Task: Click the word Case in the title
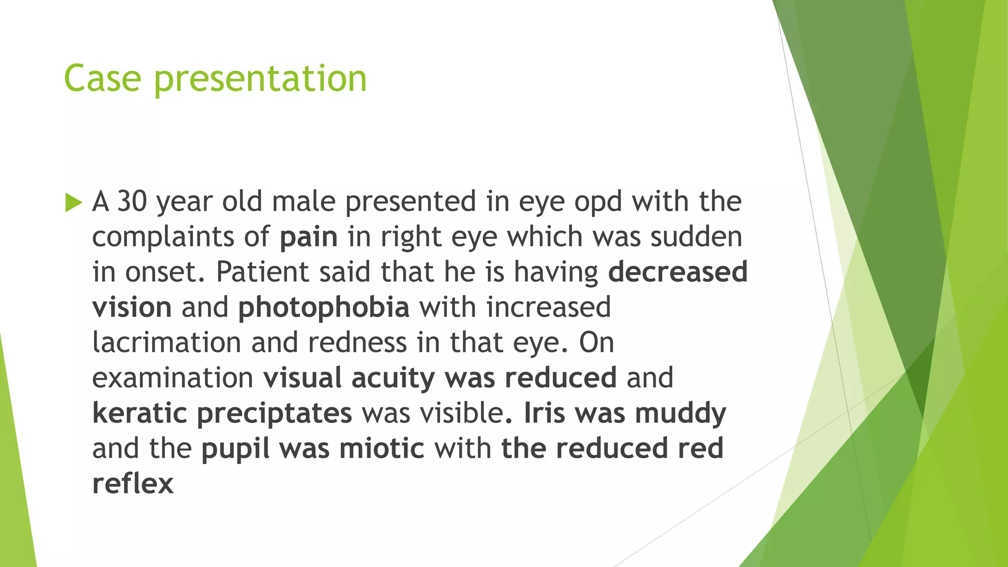102,79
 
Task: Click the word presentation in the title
260,80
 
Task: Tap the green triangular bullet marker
73,202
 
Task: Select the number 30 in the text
132,201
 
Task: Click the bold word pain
309,237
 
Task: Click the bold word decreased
678,272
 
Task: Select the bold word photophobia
324,308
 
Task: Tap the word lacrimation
167,343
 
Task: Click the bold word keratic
140,413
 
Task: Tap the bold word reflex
133,484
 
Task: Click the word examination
173,378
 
